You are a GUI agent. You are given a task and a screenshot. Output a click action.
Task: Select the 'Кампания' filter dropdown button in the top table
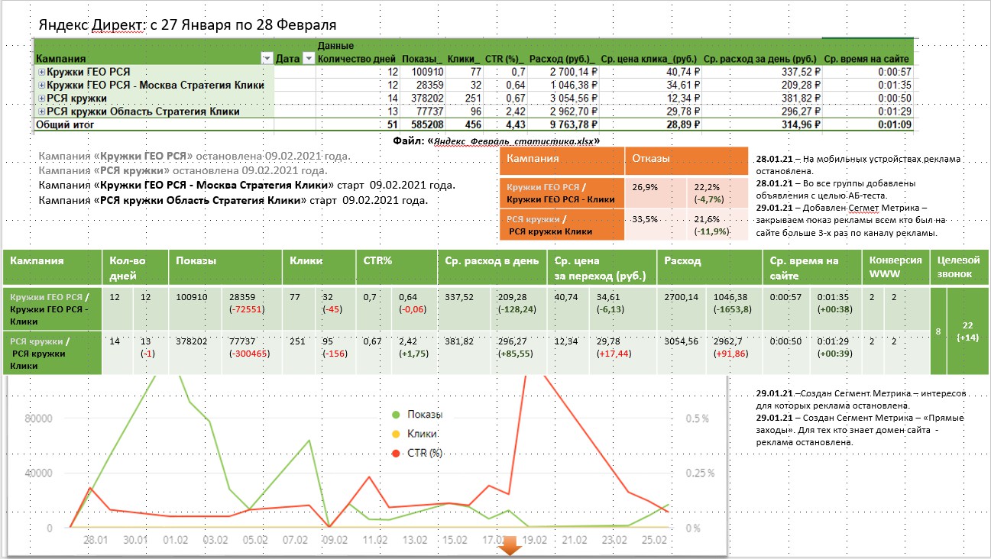267,59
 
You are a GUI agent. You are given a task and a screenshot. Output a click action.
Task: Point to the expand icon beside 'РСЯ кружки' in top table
41,99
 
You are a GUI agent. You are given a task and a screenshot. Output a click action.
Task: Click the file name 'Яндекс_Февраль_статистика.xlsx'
515,141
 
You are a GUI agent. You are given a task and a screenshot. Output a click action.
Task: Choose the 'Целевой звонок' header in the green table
959,267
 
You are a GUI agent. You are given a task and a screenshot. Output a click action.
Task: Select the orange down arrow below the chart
510,547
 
